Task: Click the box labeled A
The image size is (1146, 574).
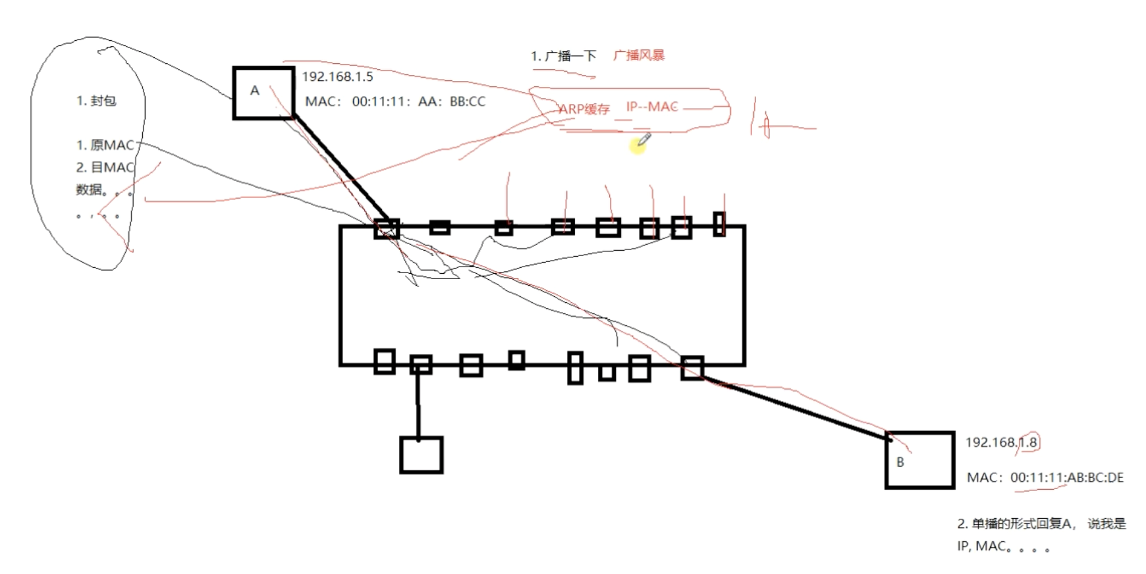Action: tap(263, 93)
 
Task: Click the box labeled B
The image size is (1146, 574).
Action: tap(919, 460)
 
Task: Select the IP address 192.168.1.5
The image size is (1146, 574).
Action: tap(337, 77)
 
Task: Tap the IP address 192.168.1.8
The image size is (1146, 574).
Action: tap(1001, 442)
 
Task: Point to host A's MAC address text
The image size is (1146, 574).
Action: tap(395, 102)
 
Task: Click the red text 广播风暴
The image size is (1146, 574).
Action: tap(638, 55)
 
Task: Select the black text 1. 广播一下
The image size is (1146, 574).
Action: tap(563, 56)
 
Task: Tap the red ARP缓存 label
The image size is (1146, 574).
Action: tap(584, 109)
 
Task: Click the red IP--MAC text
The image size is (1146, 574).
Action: tap(651, 107)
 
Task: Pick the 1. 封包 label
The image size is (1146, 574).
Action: tap(96, 101)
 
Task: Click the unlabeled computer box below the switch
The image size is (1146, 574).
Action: tap(421, 455)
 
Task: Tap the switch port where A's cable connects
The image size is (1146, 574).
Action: tap(387, 228)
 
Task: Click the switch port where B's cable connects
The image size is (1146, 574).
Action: tap(692, 368)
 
